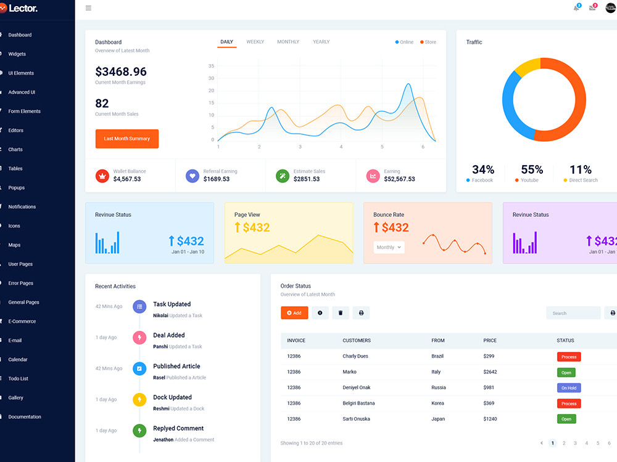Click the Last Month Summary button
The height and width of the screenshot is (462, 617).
126,139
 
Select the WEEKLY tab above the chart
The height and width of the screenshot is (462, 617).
255,42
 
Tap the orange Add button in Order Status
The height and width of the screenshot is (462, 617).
294,313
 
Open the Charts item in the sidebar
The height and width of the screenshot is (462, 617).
15,149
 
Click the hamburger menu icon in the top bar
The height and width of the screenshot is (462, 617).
88,8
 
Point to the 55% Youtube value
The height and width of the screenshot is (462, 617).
532,169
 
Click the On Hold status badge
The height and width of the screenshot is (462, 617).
569,387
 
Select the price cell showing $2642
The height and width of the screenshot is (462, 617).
490,371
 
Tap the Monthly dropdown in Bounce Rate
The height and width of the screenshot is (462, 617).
389,247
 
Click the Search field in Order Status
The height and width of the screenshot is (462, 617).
573,313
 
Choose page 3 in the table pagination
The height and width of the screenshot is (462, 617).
575,443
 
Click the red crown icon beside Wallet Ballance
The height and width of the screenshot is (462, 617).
102,176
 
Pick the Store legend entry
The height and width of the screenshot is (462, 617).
428,42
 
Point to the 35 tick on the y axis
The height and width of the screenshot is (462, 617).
211,66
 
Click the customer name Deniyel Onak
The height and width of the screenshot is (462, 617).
356,387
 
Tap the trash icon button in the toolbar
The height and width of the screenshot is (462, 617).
341,313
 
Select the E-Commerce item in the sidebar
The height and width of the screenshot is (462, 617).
22,322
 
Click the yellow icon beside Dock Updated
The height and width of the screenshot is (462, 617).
139,400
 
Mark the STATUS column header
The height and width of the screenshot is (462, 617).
565,341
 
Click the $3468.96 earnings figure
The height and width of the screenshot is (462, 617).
121,71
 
